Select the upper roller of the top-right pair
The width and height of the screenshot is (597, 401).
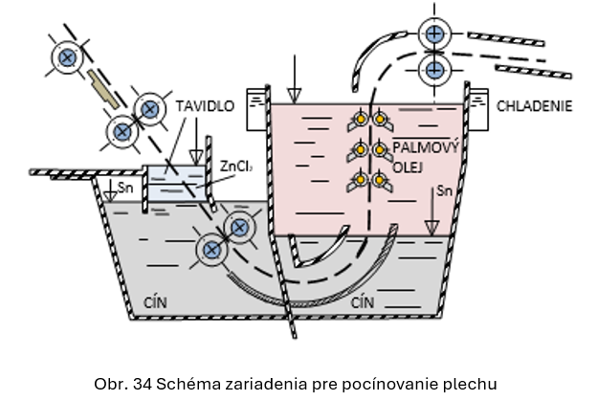coord(435,33)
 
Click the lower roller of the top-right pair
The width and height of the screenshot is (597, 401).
coord(435,68)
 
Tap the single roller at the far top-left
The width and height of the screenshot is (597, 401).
coord(66,57)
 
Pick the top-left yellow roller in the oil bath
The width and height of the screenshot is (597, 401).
coord(360,119)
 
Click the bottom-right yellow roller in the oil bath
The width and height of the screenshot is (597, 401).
coord(380,179)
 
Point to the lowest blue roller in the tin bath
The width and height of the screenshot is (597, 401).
coord(210,252)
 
